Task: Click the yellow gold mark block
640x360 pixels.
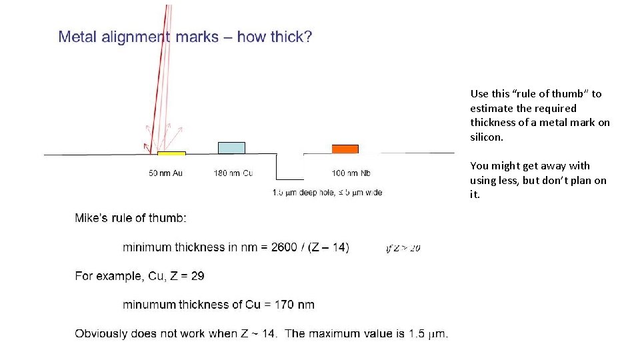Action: (x=171, y=153)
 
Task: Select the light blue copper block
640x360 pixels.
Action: (x=231, y=148)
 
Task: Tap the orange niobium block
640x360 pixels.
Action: (x=345, y=149)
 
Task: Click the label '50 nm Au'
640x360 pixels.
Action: (x=166, y=173)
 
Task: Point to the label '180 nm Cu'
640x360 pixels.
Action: (x=233, y=173)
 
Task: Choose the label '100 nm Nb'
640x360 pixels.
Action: (x=351, y=173)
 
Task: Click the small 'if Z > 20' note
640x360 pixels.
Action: (x=403, y=249)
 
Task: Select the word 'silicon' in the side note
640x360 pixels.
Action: (x=487, y=137)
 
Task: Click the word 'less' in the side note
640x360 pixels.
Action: (x=508, y=180)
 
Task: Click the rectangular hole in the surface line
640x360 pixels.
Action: (x=290, y=167)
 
